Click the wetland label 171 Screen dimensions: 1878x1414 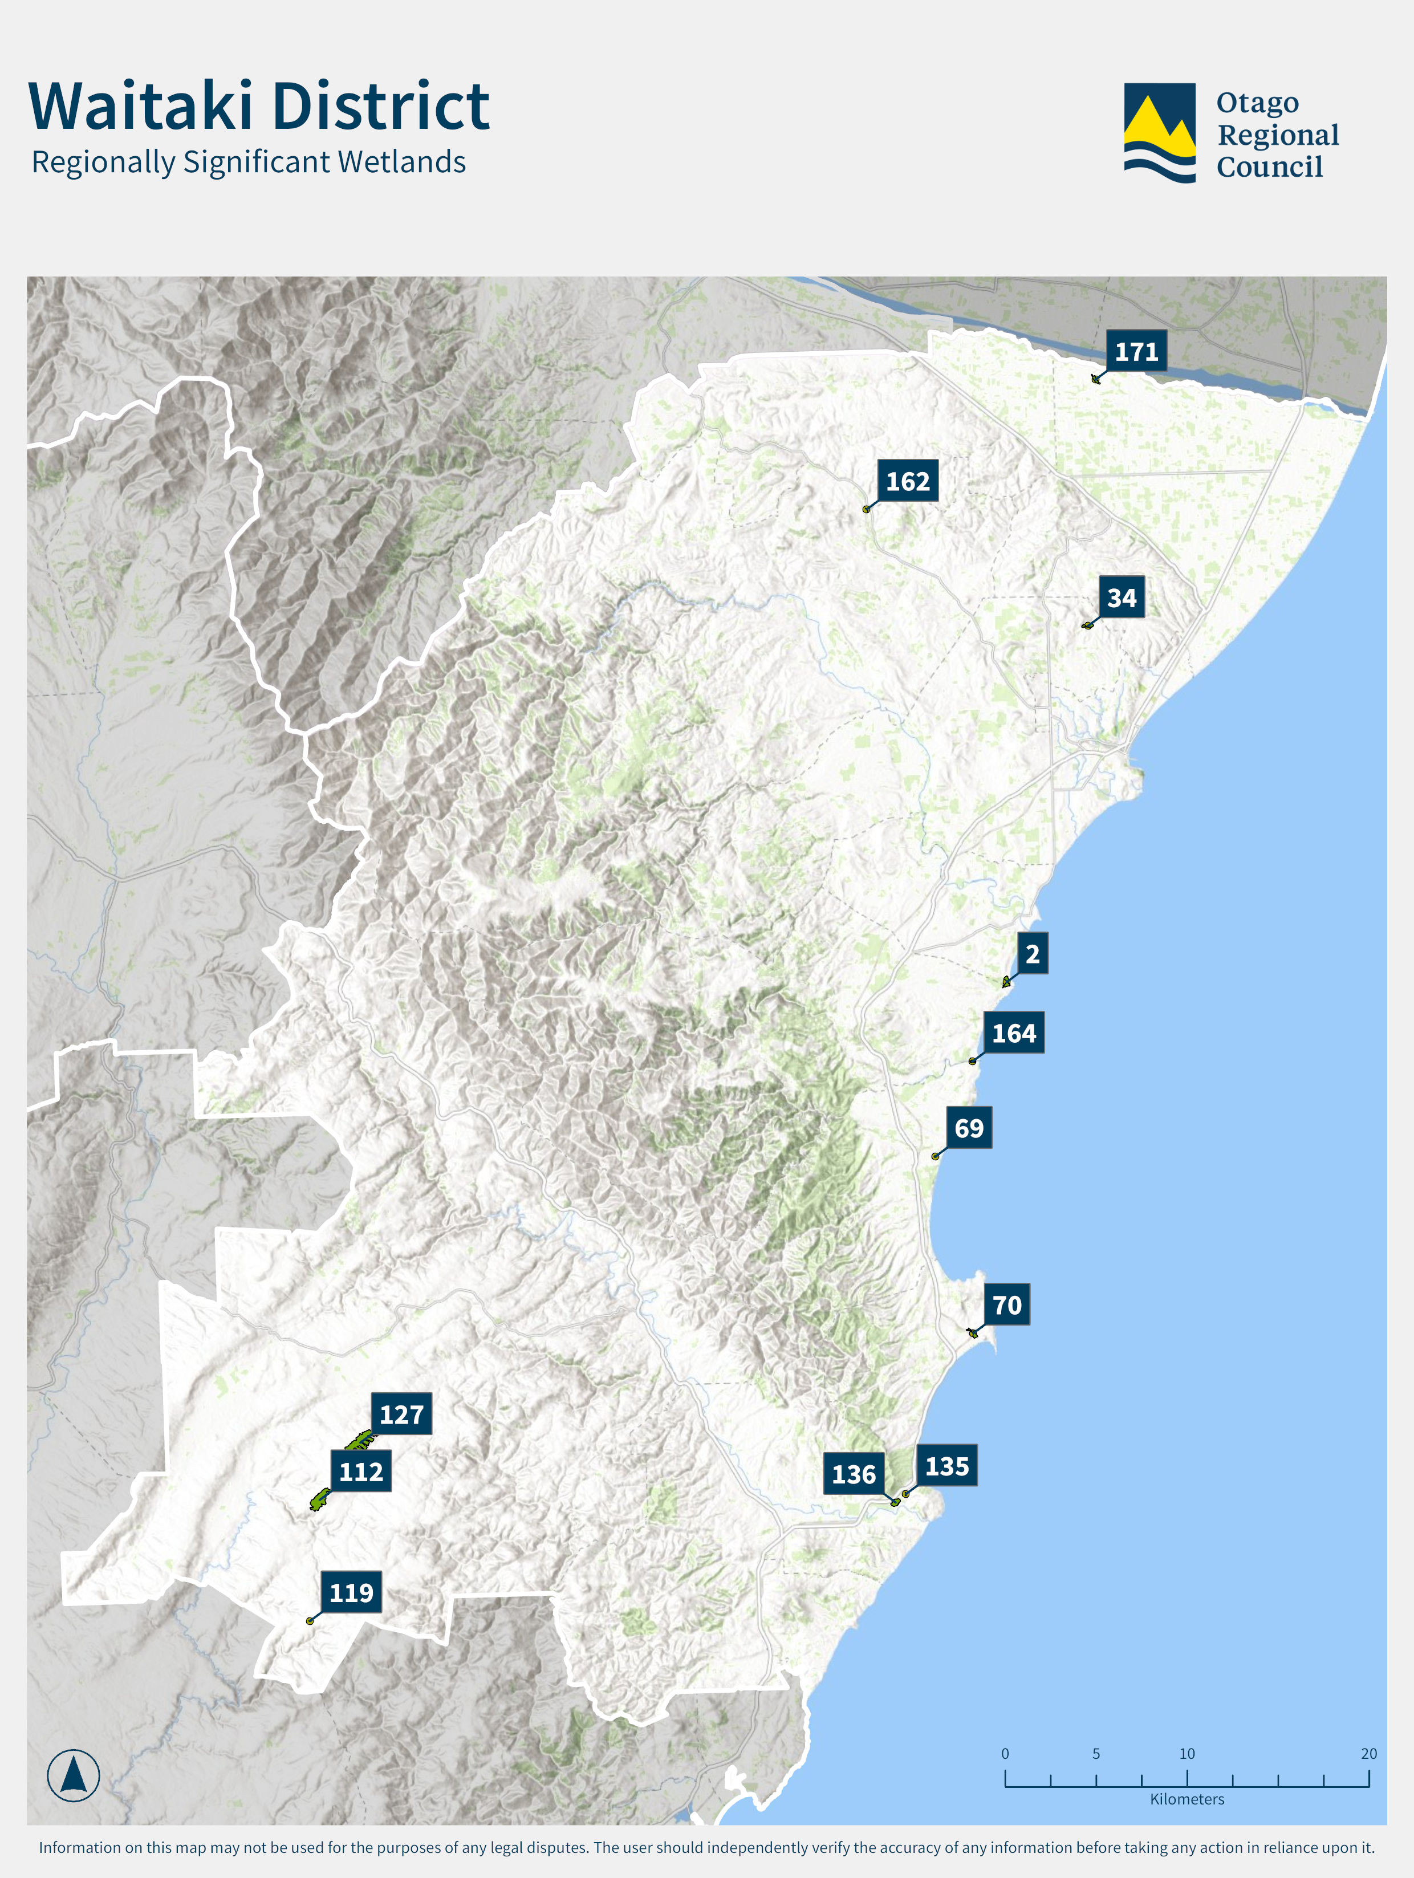pyautogui.click(x=1136, y=352)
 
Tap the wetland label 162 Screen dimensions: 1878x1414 pyautogui.click(x=907, y=481)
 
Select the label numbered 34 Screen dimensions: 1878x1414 pyautogui.click(x=1121, y=597)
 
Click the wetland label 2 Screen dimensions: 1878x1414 pyautogui.click(x=1032, y=953)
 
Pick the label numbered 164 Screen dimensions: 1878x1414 pyautogui.click(x=1013, y=1033)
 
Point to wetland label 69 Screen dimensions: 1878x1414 pyautogui.click(x=968, y=1128)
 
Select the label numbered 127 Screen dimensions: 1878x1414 pyautogui.click(x=401, y=1413)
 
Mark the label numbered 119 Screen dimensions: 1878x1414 pyautogui.click(x=351, y=1592)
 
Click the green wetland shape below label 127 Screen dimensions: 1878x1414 pyautogui.click(x=359, y=1440)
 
